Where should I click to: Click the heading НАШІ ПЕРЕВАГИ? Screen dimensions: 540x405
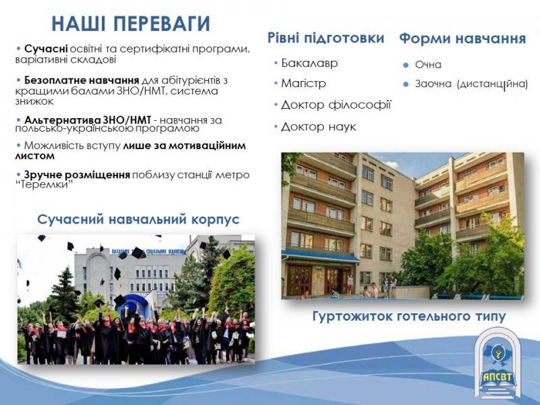(x=130, y=24)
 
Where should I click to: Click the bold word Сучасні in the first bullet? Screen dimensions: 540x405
(x=46, y=49)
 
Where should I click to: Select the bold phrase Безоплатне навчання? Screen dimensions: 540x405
(x=82, y=80)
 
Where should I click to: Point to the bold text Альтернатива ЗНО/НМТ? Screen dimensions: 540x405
(x=88, y=120)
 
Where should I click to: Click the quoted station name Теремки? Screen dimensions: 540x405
(x=45, y=185)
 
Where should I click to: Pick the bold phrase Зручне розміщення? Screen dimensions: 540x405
(x=77, y=175)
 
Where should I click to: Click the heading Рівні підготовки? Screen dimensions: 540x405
(x=326, y=38)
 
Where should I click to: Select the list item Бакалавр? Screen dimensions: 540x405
(x=309, y=63)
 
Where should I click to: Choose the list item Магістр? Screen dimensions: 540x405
(x=303, y=83)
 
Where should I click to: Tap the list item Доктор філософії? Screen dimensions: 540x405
(x=335, y=105)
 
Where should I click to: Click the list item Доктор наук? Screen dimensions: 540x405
(x=318, y=127)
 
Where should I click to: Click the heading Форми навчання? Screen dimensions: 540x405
(x=462, y=38)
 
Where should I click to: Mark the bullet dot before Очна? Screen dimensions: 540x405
(x=406, y=65)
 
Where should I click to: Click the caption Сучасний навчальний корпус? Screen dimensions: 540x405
(x=138, y=219)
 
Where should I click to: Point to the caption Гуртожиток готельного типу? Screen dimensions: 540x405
(x=409, y=316)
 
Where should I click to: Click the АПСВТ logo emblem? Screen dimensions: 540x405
(x=498, y=362)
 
